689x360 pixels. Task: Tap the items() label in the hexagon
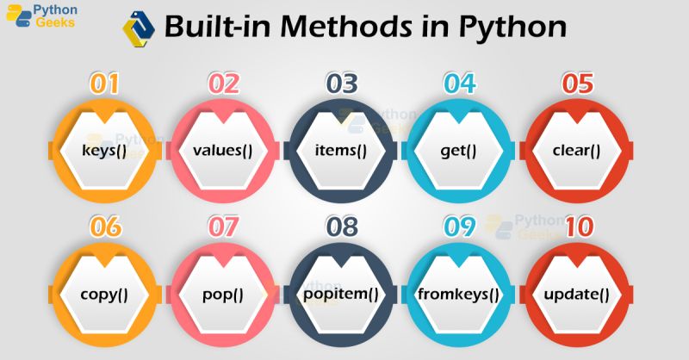point(341,149)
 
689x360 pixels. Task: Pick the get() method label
point(459,149)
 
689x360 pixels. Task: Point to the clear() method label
point(576,149)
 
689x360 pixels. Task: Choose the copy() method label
point(104,294)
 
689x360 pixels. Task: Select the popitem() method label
point(341,294)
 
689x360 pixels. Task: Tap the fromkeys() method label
point(459,294)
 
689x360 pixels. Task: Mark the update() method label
point(576,294)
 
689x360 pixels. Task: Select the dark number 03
point(341,84)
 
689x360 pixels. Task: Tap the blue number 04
point(459,84)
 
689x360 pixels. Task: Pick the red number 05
point(576,84)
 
